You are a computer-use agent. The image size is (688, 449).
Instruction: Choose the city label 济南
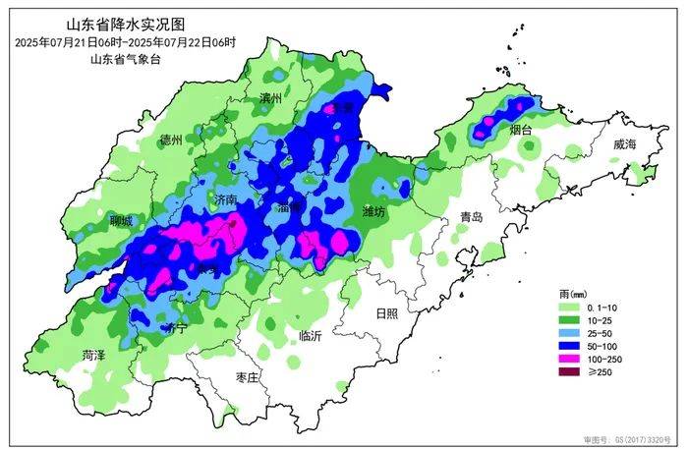pos(225,199)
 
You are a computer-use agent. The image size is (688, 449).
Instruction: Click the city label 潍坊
pos(374,212)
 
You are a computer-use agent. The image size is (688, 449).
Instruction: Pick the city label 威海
pos(624,144)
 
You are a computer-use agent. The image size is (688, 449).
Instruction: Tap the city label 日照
pos(386,313)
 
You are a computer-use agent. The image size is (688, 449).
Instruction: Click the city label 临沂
pos(310,336)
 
